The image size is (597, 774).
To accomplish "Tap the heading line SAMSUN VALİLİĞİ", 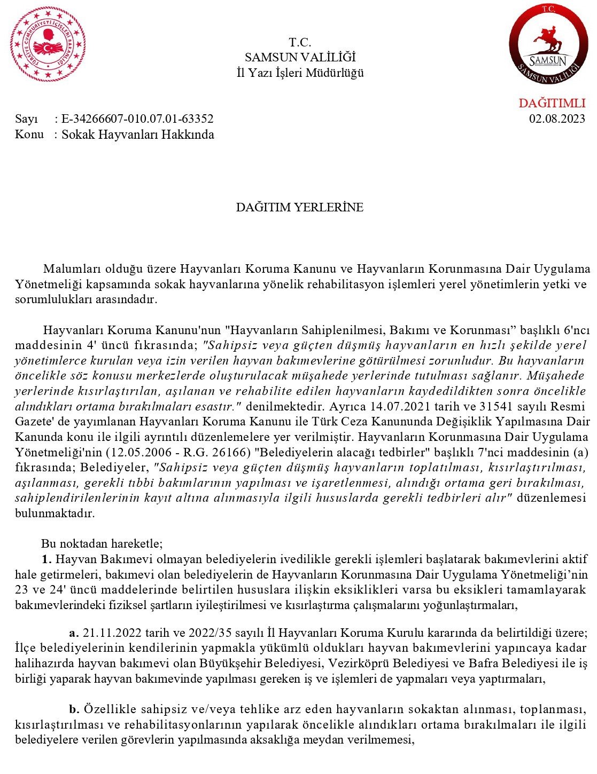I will point(300,58).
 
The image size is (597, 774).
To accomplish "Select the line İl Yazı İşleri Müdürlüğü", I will point(300,73).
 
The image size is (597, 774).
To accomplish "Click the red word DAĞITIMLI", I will point(552,103).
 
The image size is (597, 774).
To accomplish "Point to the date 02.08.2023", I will point(557,119).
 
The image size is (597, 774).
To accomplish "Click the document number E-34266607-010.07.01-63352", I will point(137,119).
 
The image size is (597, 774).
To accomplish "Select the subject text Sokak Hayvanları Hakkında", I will point(138,135).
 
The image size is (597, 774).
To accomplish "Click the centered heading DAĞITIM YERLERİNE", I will point(300,207).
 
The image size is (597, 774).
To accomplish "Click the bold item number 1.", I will point(46,559).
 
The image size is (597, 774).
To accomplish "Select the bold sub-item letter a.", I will point(74,633).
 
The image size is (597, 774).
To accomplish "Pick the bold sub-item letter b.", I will point(74,709).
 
